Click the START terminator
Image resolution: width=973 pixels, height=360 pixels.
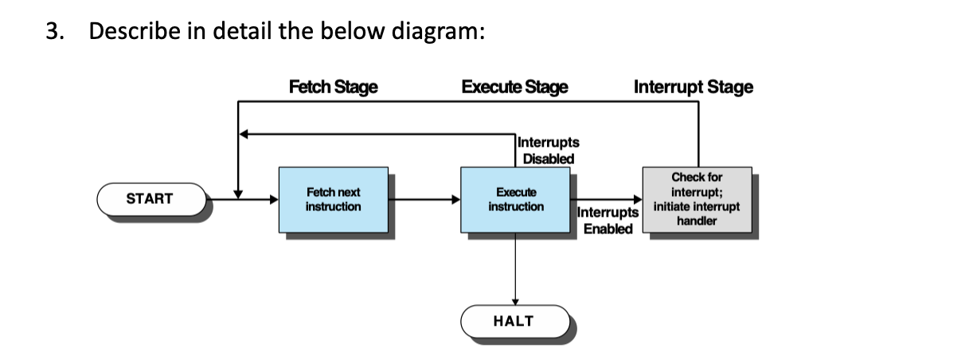tap(150, 199)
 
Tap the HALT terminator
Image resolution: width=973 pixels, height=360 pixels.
tap(514, 321)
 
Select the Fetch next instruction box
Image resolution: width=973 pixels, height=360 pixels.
tap(333, 200)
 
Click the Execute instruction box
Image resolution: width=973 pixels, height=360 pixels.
tap(515, 200)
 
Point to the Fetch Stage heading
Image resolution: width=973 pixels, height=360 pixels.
tap(333, 87)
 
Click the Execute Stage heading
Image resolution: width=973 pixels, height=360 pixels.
tap(515, 87)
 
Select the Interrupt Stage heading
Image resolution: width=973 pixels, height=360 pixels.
tap(693, 87)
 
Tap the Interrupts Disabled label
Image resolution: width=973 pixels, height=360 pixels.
tap(549, 151)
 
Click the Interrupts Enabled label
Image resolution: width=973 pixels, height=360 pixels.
tap(608, 221)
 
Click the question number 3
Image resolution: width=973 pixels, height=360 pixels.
tap(52, 32)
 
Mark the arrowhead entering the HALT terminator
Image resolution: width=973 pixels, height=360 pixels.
tap(515, 301)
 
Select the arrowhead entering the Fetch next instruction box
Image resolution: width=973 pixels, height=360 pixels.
tap(274, 199)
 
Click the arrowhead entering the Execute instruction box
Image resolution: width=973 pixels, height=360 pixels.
tap(456, 199)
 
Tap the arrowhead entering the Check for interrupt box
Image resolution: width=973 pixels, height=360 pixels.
tap(638, 199)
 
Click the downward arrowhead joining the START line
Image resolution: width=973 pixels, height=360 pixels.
tap(237, 194)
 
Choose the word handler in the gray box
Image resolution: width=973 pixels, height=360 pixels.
tap(697, 221)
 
